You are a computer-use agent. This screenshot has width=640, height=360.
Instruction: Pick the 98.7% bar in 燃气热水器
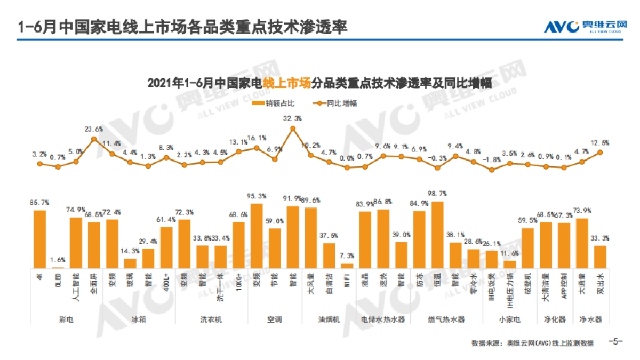coord(437,235)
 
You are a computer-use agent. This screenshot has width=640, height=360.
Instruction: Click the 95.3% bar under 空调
coord(257,236)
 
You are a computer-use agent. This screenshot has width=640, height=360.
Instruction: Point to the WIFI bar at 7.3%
coord(347,265)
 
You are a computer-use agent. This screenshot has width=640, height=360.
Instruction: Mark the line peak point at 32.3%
coord(293,128)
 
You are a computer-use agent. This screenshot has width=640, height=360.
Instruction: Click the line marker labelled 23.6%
coord(94,139)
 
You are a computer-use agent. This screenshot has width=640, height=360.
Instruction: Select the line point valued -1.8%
coord(492,170)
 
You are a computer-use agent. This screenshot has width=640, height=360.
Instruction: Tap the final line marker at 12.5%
coord(601,152)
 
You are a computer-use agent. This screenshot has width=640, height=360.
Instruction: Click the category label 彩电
coord(67,319)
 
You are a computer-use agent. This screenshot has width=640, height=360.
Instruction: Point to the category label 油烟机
coord(329,319)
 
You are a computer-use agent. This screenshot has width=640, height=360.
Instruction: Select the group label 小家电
coord(509,319)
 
